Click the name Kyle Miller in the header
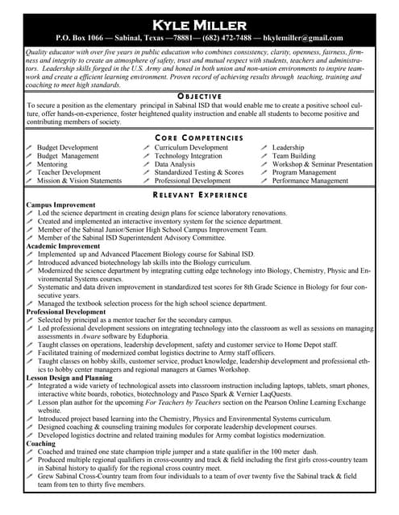[199, 21]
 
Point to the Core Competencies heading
[199, 138]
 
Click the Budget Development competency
[68, 148]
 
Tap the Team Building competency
[294, 156]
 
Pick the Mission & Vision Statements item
[79, 181]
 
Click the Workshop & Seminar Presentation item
[322, 164]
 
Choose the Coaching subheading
[41, 443]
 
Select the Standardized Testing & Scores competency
[198, 172]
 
